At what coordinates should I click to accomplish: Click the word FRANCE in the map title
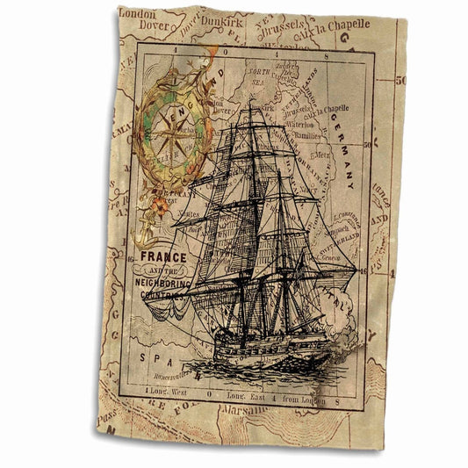[x=160, y=257]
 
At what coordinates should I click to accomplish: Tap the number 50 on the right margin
[x=400, y=81]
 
